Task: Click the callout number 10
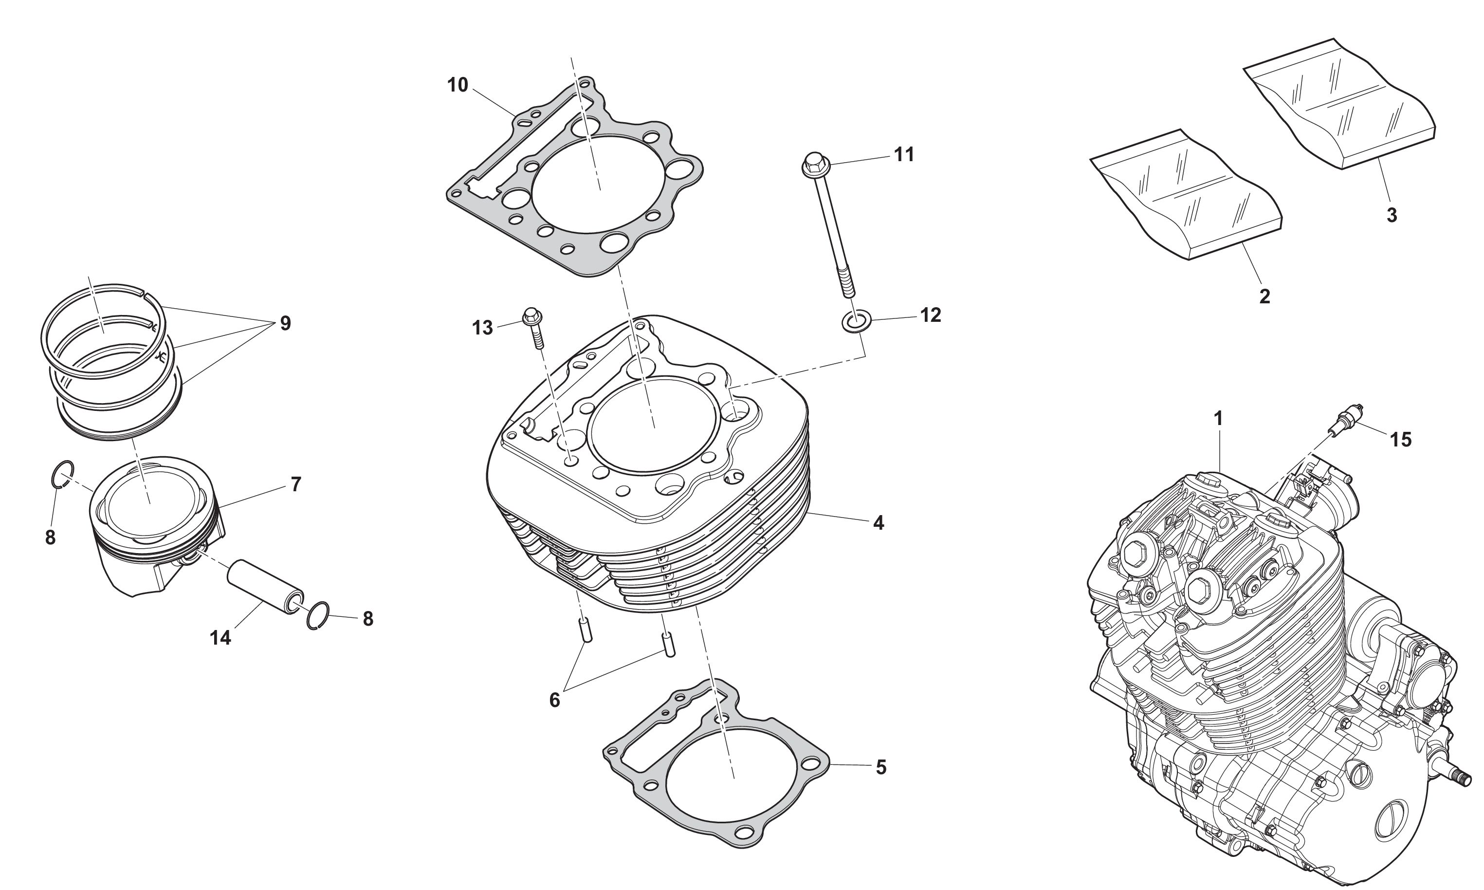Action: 458,86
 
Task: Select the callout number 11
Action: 904,155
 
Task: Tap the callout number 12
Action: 930,315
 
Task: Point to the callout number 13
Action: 482,328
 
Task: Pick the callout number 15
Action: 1401,440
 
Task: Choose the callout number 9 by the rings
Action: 285,323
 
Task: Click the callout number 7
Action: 295,484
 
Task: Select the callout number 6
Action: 554,700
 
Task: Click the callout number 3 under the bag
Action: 1392,215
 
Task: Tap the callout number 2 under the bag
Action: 1264,297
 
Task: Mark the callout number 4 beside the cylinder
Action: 879,523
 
